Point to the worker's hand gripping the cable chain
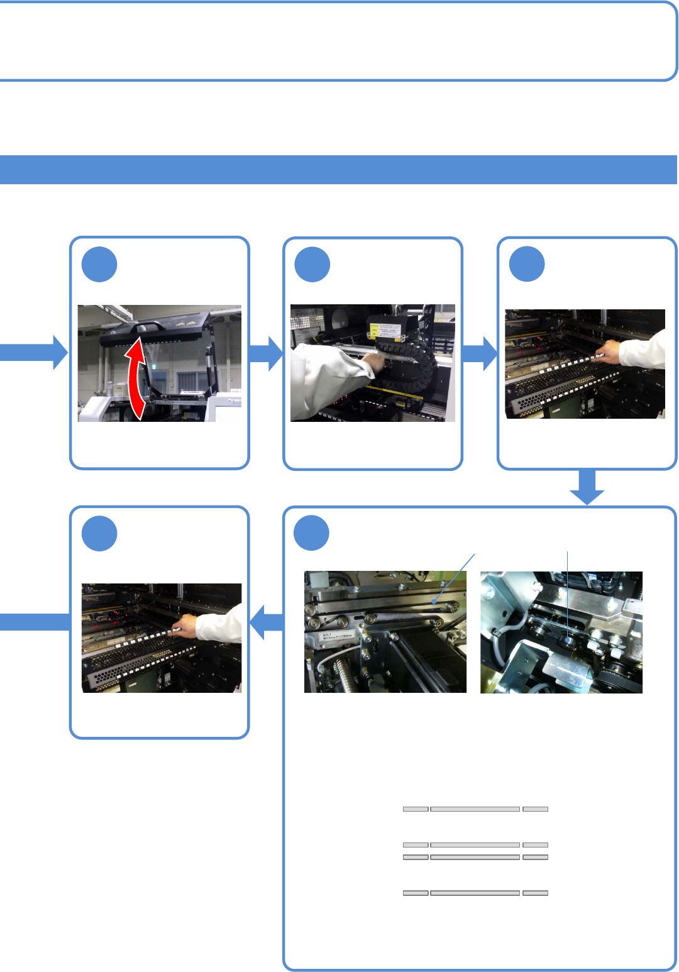(375, 363)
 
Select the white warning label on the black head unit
(384, 331)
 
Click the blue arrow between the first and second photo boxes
(266, 353)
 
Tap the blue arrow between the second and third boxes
(480, 353)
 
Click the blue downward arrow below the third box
(587, 487)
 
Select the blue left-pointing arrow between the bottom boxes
(267, 622)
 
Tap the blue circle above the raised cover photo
(99, 265)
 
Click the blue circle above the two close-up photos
(312, 533)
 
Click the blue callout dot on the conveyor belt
(434, 602)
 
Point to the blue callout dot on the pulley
(568, 640)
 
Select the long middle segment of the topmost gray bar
(475, 809)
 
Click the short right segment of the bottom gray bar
(535, 893)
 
